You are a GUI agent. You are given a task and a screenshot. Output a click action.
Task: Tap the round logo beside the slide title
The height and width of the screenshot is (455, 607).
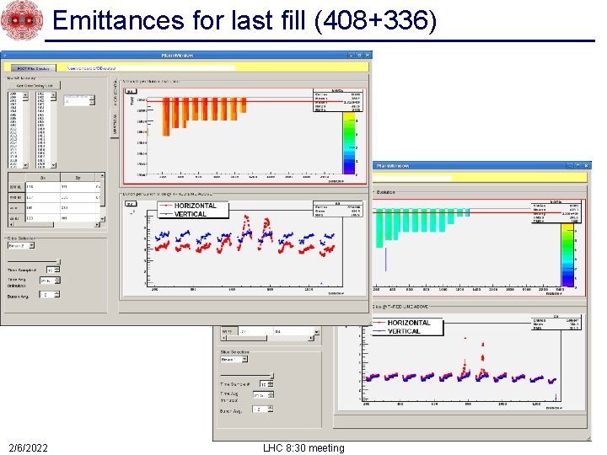point(20,20)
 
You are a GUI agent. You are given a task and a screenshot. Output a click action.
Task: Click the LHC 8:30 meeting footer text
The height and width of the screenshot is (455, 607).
point(303,447)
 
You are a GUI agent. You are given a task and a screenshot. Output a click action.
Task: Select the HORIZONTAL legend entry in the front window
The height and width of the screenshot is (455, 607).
point(195,206)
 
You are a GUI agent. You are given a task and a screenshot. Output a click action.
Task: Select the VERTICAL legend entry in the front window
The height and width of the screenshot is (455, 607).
point(190,214)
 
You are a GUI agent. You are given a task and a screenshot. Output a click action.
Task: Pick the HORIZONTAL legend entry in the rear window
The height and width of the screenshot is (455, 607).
point(409,323)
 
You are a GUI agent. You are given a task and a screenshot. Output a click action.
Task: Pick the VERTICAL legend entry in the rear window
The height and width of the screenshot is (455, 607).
point(404,331)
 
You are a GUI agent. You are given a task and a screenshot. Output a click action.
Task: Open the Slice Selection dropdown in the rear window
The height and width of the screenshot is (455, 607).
point(234,358)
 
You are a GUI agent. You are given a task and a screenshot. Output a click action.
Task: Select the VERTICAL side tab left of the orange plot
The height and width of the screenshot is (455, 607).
point(115,126)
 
